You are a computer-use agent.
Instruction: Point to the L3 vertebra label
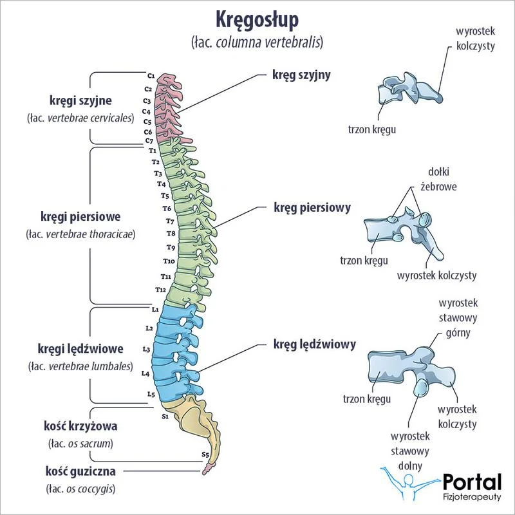146,350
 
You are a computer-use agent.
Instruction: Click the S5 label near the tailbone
205,455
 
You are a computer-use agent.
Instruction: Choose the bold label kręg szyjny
302,75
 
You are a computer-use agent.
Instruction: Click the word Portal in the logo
472,482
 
